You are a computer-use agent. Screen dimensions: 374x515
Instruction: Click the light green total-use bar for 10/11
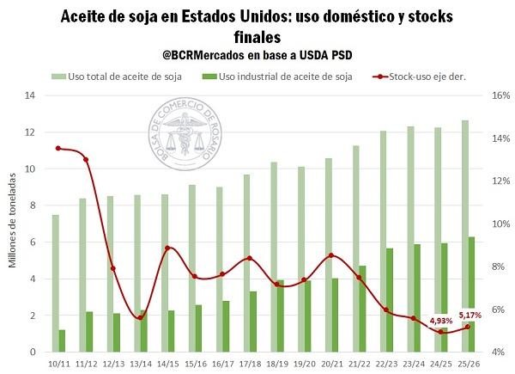coord(55,284)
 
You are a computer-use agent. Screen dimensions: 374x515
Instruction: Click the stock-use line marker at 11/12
coord(86,159)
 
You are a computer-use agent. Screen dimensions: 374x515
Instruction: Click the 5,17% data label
coord(470,314)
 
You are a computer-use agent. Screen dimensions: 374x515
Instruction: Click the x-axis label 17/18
coord(251,365)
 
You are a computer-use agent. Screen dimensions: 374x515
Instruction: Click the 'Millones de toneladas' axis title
coord(13,224)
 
